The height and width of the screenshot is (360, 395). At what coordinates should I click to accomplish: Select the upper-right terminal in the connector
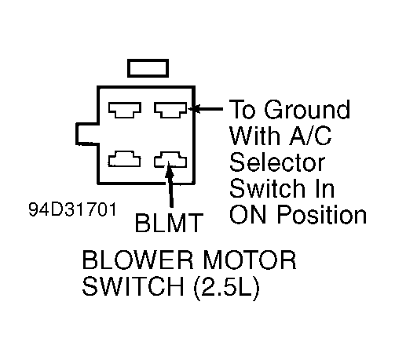(169, 110)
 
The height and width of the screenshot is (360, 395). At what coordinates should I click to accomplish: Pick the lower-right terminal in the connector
(169, 162)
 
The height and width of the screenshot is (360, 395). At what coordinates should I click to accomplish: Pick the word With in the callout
(254, 136)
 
